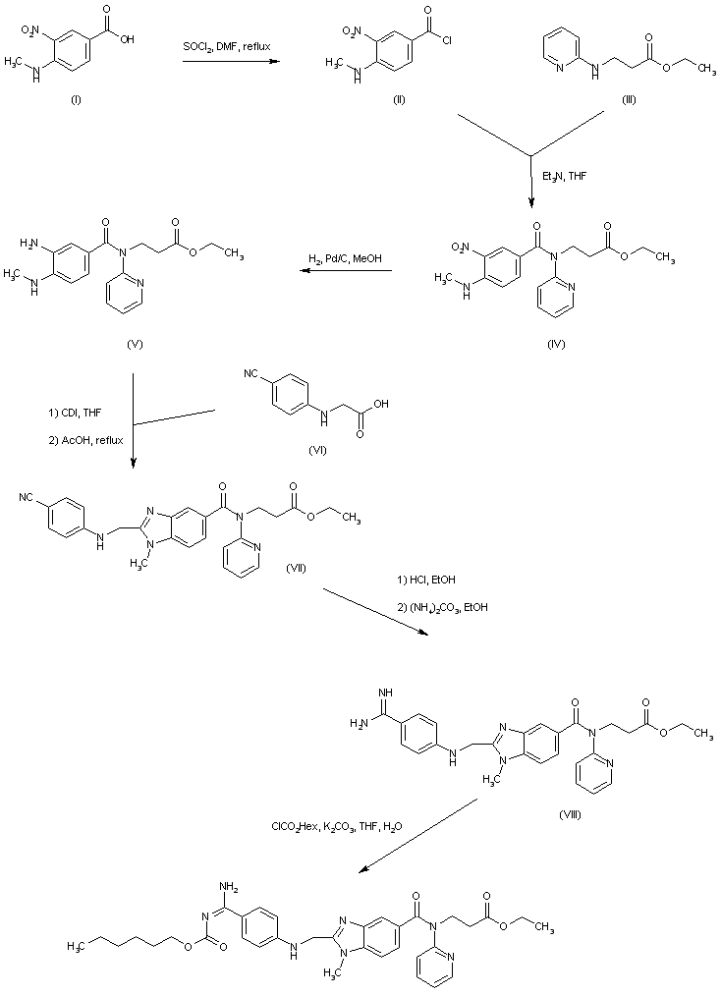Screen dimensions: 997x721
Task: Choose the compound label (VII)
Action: (298, 569)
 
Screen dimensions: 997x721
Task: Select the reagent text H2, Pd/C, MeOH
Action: (348, 258)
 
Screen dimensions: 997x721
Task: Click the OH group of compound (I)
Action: (128, 41)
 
